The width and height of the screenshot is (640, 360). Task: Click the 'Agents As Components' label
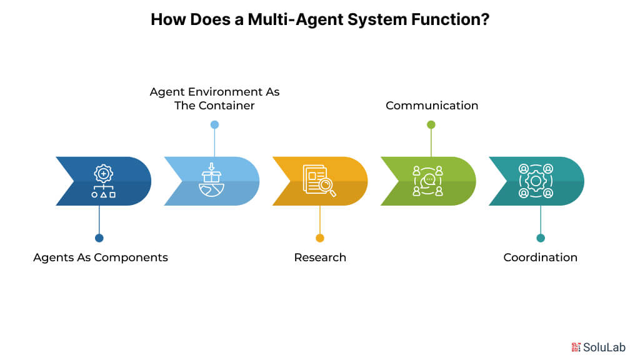pyautogui.click(x=101, y=257)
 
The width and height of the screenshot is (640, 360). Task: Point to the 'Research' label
pyautogui.click(x=320, y=257)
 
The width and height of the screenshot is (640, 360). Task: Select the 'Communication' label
pyautogui.click(x=432, y=106)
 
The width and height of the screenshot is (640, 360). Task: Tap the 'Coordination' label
pyautogui.click(x=540, y=257)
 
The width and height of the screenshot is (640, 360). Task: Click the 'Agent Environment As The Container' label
pyautogui.click(x=214, y=99)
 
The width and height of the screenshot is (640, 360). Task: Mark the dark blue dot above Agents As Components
pyautogui.click(x=99, y=238)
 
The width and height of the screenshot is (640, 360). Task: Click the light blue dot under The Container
pyautogui.click(x=214, y=124)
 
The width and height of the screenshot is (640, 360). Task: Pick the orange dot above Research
pyautogui.click(x=320, y=238)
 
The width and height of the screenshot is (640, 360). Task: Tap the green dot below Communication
pyautogui.click(x=431, y=124)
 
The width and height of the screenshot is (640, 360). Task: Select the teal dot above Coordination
pyautogui.click(x=541, y=238)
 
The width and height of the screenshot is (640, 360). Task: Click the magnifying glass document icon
pyautogui.click(x=319, y=181)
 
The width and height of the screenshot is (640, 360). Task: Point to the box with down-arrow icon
pyautogui.click(x=211, y=181)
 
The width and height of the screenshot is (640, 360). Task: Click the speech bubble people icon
pyautogui.click(x=428, y=181)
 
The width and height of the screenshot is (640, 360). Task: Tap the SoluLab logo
pyautogui.click(x=599, y=347)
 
